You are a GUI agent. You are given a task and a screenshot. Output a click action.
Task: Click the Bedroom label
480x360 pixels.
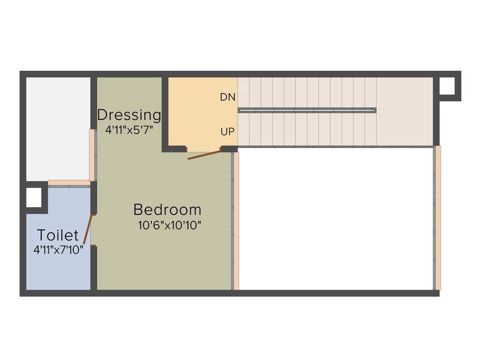click(167, 210)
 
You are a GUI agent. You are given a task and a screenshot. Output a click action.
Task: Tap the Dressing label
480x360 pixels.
click(129, 115)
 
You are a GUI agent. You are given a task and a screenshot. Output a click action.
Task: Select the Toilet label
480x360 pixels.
click(58, 235)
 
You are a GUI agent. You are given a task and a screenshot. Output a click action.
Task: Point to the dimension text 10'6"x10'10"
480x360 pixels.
click(170, 225)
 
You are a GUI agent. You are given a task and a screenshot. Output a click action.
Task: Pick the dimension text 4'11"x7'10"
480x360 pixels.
click(58, 250)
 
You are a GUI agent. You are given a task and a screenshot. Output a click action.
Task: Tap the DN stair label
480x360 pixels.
click(228, 97)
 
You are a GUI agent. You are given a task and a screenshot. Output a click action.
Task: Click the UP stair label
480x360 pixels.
click(228, 132)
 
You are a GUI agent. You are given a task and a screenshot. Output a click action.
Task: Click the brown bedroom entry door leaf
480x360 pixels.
click(204, 155)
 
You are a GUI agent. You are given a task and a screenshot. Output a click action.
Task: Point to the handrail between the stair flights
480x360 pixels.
click(307, 110)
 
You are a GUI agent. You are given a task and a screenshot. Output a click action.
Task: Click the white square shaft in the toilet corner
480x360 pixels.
click(34, 197)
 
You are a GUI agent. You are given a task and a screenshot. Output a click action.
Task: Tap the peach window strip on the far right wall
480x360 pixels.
click(438, 218)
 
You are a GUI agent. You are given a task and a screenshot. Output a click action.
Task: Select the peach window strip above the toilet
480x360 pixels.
click(69, 183)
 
